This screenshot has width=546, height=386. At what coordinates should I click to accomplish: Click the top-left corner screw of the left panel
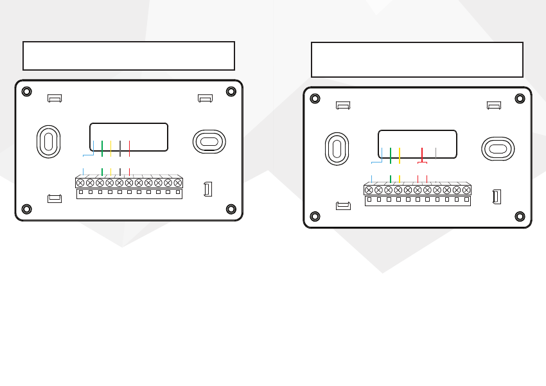[26, 91]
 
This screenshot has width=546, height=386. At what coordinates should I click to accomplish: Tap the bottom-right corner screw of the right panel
[520, 216]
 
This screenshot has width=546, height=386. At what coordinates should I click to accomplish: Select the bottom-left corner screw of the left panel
[26, 209]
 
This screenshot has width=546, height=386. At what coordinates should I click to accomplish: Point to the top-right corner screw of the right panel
[520, 98]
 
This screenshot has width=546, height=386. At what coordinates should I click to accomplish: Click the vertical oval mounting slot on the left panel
[48, 141]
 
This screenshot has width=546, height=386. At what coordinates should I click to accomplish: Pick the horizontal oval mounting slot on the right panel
[498, 148]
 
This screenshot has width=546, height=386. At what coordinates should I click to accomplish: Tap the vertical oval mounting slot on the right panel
[337, 148]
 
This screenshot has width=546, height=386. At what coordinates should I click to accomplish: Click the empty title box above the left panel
[128, 56]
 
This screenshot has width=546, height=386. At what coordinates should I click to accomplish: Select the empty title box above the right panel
[417, 60]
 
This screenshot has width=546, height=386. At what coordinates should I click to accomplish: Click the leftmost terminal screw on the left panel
[80, 183]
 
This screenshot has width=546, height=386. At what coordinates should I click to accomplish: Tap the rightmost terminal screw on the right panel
[466, 190]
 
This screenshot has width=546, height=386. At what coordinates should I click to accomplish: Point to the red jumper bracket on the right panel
[422, 158]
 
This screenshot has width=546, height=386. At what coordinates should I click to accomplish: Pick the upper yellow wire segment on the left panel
[111, 148]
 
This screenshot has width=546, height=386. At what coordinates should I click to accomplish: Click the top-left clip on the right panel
[343, 105]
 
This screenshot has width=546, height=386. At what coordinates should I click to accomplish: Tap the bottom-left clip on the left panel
[55, 198]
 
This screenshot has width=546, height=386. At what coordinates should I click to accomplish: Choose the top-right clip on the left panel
[205, 98]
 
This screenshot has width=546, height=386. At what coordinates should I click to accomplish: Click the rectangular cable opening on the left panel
[128, 137]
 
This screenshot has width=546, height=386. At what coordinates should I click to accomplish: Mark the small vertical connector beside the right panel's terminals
[496, 196]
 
